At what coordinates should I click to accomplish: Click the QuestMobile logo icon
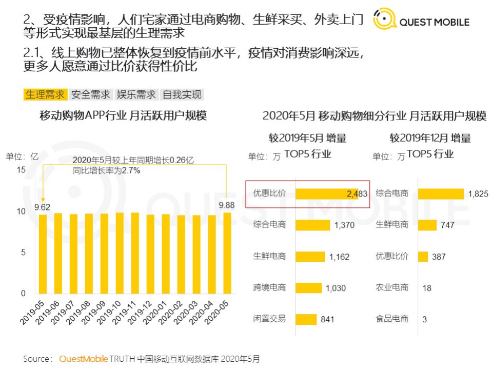coord(384,19)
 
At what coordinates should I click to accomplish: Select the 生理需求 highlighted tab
coord(45,94)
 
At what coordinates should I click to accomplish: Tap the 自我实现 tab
coord(182,94)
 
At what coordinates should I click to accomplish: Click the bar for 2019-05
coord(43,254)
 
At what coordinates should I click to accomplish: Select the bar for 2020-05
coord(227,253)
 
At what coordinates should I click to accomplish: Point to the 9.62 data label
coord(43,208)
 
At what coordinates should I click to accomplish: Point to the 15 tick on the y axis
coord(21,170)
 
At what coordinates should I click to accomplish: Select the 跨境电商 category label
coord(269,287)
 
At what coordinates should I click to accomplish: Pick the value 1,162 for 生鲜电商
coord(340,257)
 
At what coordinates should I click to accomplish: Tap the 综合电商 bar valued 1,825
coord(441,193)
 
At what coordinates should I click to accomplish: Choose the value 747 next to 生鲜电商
coord(447,225)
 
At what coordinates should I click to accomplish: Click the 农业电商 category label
coord(392,287)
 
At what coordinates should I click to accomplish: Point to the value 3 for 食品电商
coord(424,319)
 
